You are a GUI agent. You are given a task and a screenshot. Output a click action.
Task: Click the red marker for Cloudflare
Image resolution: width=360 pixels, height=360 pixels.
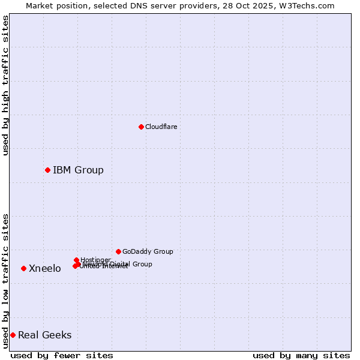tap(141, 127)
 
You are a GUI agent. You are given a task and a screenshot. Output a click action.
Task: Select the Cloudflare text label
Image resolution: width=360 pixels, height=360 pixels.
tap(161, 127)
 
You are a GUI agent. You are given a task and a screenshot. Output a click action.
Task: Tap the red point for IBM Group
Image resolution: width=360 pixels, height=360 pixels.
tap(47, 170)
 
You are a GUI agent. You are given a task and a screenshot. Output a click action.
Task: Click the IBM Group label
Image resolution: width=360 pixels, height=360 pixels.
tap(78, 170)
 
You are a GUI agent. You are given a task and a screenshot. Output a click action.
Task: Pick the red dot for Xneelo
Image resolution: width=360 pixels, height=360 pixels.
tap(23, 268)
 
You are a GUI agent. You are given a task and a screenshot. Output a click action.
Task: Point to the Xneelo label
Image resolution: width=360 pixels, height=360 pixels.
tap(45, 268)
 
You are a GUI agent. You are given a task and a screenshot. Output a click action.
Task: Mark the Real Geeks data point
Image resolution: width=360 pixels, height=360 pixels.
tap(13, 335)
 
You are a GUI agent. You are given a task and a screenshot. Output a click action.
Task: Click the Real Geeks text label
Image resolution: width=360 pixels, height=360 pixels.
tap(45, 335)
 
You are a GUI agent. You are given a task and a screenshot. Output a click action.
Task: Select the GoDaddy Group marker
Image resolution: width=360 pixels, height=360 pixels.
tap(118, 251)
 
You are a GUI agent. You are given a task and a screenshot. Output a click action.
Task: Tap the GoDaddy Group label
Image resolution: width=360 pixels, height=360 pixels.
tap(148, 251)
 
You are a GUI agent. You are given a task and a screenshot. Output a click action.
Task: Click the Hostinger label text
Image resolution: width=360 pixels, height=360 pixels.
tap(95, 260)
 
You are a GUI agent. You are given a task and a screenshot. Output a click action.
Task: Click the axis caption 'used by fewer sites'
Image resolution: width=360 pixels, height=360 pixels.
tap(62, 355)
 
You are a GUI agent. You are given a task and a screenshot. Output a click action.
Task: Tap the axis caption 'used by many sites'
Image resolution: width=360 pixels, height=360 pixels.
tap(301, 355)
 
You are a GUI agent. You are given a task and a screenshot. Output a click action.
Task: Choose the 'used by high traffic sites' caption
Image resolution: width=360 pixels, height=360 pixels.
tap(5, 85)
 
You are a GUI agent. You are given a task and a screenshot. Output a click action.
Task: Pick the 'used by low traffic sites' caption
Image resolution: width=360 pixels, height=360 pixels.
tap(5, 280)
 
